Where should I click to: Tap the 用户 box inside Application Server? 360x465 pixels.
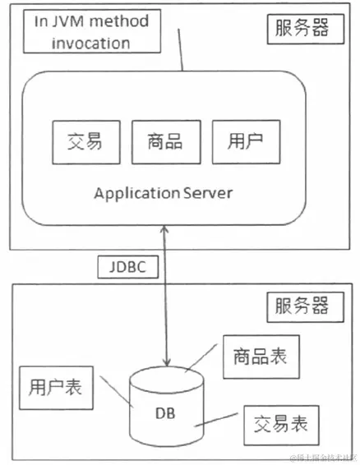point(245,140)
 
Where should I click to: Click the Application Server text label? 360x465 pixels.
point(164,193)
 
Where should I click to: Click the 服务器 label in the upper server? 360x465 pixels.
point(298,30)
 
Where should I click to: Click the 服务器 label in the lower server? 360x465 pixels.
point(298,308)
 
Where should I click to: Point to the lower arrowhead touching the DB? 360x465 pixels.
point(168,361)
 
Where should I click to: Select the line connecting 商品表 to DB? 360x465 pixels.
point(204,365)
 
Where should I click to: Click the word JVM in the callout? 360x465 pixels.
point(68,21)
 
